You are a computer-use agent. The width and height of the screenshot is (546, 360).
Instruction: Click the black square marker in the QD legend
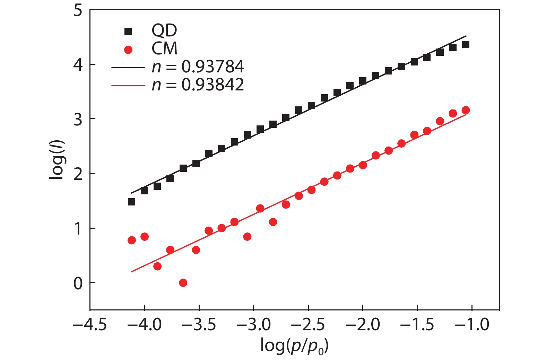pyautogui.click(x=128, y=32)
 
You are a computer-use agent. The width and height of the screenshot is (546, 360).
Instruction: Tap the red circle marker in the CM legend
pyautogui.click(x=128, y=50)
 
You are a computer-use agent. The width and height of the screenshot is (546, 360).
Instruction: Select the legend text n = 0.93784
pyautogui.click(x=198, y=67)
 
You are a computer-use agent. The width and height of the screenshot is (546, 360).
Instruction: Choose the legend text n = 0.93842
pyautogui.click(x=198, y=85)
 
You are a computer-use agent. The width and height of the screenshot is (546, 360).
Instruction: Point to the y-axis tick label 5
pyautogui.click(x=78, y=10)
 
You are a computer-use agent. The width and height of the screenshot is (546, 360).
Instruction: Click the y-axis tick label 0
pyautogui.click(x=78, y=283)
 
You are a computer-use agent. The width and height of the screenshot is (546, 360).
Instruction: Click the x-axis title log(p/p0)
pyautogui.click(x=294, y=345)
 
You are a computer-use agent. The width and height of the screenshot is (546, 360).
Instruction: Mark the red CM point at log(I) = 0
pyautogui.click(x=183, y=283)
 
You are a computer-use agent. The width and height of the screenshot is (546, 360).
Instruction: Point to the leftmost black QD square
pyautogui.click(x=131, y=202)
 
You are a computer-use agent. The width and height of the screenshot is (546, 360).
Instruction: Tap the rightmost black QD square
pyautogui.click(x=466, y=44)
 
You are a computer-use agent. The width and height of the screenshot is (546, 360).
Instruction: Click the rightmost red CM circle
pyautogui.click(x=466, y=110)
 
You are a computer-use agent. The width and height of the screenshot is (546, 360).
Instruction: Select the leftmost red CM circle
pyautogui.click(x=131, y=240)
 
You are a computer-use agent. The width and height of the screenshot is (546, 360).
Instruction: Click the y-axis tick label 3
pyautogui.click(x=78, y=120)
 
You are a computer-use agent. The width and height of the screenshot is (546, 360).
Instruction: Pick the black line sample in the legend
pyautogui.click(x=128, y=67)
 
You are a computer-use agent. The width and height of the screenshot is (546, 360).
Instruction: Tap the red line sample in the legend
pyautogui.click(x=128, y=85)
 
